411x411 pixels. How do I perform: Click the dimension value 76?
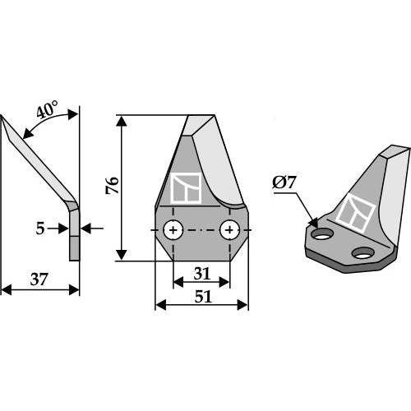point(113,185)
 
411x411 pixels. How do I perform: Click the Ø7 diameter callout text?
point(283,183)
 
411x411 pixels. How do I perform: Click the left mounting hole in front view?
point(173,229)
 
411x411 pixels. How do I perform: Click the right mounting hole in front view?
point(230,229)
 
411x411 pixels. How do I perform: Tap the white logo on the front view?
point(186,189)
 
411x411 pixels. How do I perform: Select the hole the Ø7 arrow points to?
point(323,234)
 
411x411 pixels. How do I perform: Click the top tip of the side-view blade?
point(4,118)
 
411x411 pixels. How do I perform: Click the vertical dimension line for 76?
point(123,189)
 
